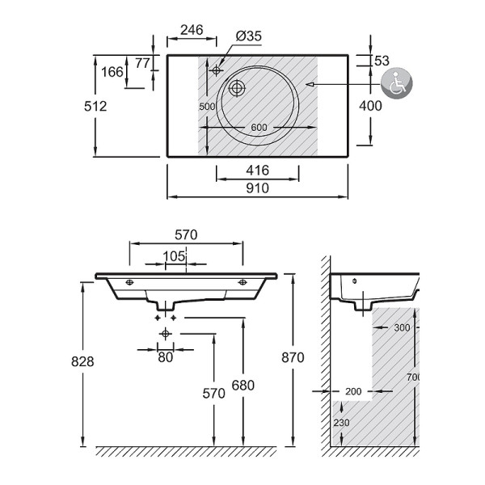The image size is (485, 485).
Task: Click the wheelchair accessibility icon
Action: [x=397, y=82]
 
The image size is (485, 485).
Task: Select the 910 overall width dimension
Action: [x=258, y=188]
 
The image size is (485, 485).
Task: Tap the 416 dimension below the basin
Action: [x=258, y=171]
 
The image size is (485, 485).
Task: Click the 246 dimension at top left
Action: [x=192, y=31]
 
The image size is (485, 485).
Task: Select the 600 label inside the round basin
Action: [x=258, y=128]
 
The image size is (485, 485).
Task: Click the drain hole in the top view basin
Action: [x=238, y=88]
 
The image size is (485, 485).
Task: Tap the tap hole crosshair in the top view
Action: [x=216, y=70]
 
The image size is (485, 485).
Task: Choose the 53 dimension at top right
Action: [x=382, y=61]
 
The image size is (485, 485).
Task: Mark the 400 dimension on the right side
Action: [x=371, y=106]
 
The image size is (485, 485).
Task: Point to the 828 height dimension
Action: [x=82, y=362]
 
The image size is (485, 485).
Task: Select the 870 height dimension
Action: [x=293, y=357]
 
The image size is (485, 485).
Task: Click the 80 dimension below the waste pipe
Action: [x=166, y=356]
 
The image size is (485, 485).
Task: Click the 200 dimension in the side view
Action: [x=353, y=391]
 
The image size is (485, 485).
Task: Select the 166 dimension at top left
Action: [x=112, y=72]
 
